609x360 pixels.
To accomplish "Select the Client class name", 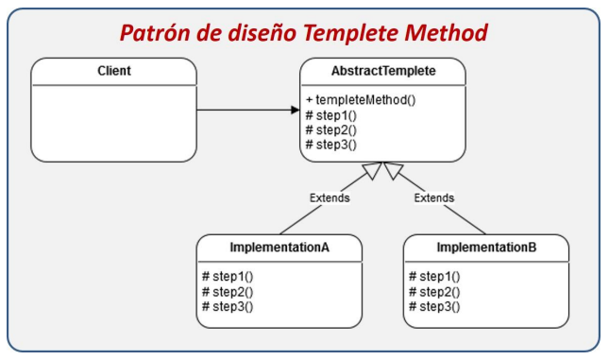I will click(x=114, y=71).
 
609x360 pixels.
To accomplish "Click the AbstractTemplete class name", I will click(x=382, y=71).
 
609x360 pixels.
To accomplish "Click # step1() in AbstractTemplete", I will click(x=330, y=115).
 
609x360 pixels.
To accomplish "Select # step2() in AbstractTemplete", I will click(x=330, y=129).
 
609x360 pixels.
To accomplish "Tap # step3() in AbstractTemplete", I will click(x=330, y=144).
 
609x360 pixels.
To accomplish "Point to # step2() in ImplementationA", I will click(x=228, y=292).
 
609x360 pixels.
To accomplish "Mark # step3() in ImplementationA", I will click(x=228, y=306).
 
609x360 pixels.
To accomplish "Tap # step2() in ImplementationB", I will click(x=434, y=292).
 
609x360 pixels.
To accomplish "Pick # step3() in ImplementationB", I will click(x=434, y=306).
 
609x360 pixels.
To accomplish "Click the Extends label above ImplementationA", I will click(x=330, y=198).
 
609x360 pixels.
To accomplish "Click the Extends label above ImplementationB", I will click(x=434, y=198).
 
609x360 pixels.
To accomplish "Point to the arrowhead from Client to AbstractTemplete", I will click(x=294, y=110).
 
